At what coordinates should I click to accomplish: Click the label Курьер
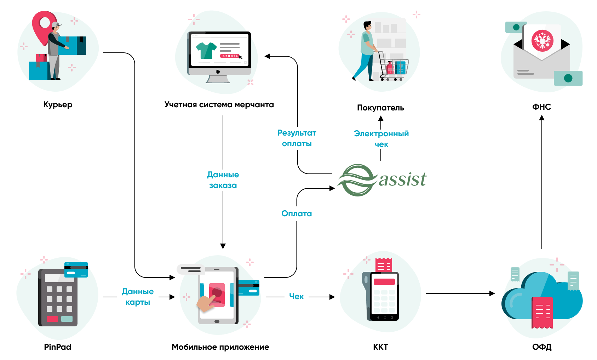58,105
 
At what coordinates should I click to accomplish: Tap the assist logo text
402,179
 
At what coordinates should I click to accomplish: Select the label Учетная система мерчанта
219,105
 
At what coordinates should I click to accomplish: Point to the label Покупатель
380,108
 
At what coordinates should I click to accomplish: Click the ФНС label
541,107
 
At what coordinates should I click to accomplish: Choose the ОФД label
542,347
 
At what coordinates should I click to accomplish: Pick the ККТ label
380,347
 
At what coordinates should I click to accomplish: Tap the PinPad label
58,347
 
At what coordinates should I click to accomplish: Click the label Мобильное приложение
220,347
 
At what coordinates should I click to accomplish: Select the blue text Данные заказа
223,180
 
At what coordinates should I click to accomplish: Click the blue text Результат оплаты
297,138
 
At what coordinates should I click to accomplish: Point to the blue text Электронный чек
381,139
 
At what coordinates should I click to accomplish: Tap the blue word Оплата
297,213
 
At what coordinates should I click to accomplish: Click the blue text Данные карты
138,297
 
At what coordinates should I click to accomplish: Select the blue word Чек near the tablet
296,297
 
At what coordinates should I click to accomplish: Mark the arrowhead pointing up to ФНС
541,118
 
